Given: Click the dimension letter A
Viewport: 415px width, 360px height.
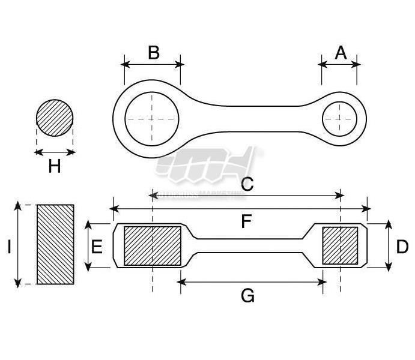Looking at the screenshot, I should pyautogui.click(x=341, y=53).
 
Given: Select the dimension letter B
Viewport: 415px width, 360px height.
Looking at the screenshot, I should pyautogui.click(x=154, y=52).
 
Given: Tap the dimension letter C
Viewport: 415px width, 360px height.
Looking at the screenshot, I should pyautogui.click(x=247, y=184).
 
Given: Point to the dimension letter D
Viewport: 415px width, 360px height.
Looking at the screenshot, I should pyautogui.click(x=403, y=247).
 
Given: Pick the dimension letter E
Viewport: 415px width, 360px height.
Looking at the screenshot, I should pyautogui.click(x=97, y=247).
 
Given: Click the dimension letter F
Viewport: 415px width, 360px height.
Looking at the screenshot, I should pyautogui.click(x=246, y=222).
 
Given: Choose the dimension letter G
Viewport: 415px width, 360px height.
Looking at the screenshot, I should pyautogui.click(x=247, y=295).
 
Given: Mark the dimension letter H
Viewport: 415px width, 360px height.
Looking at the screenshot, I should pyautogui.click(x=55, y=166).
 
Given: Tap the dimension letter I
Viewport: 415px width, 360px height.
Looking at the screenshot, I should pyautogui.click(x=9, y=247).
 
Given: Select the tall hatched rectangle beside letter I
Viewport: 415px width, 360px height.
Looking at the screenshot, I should pyautogui.click(x=56, y=244).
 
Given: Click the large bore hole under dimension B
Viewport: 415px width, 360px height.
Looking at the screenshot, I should pyautogui.click(x=153, y=118).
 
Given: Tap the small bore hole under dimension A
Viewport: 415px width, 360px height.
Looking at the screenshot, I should pyautogui.click(x=340, y=118).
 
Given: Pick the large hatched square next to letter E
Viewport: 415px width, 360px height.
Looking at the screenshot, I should pyautogui.click(x=153, y=245).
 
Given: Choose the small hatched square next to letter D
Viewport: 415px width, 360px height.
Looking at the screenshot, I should pyautogui.click(x=341, y=245).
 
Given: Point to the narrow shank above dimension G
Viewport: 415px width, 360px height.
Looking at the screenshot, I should pyautogui.click(x=252, y=245).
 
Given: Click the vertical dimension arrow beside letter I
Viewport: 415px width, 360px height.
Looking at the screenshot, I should pyautogui.click(x=19, y=244).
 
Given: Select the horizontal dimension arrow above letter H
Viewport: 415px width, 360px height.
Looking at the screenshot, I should pyautogui.click(x=55, y=152).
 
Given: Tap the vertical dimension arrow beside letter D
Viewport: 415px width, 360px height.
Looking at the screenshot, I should pyautogui.click(x=389, y=245).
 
